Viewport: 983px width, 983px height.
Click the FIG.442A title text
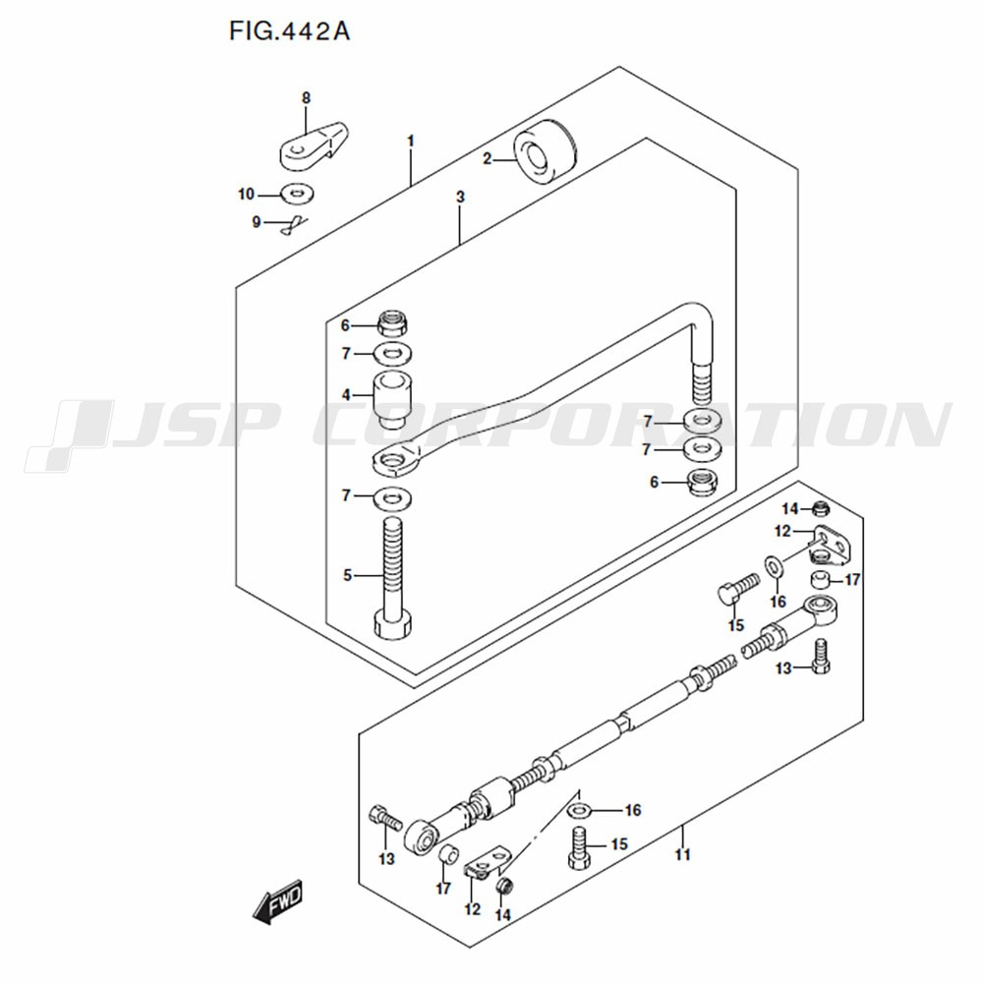[x=289, y=30]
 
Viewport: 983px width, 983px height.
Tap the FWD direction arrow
[x=278, y=902]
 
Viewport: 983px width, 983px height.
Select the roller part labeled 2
[x=545, y=152]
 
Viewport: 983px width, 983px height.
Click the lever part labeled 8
[x=313, y=145]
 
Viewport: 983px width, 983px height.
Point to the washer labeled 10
[x=298, y=193]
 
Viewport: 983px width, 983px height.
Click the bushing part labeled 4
[x=393, y=400]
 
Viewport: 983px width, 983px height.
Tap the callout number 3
[x=460, y=197]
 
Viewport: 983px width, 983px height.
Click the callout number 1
[x=411, y=141]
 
